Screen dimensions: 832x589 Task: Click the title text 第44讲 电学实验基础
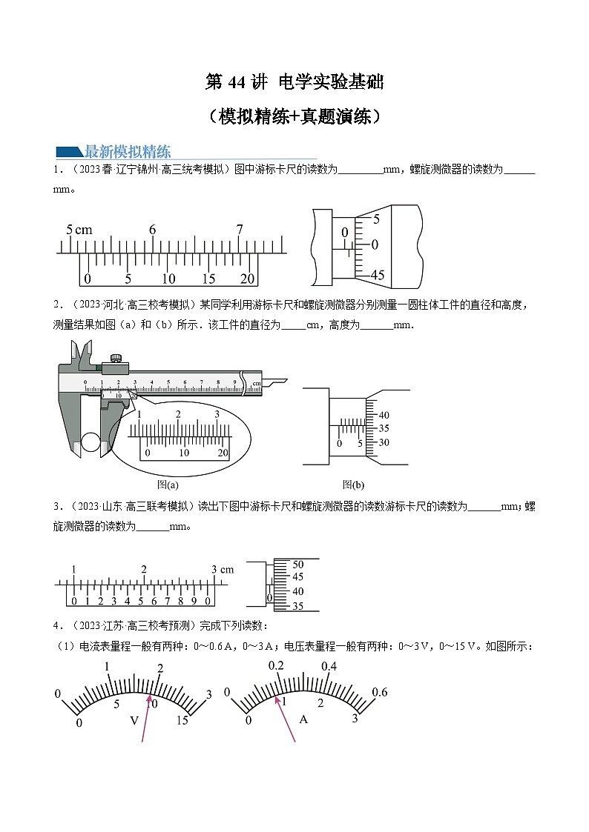pyautogui.click(x=294, y=82)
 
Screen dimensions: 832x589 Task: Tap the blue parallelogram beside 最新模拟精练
pyautogui.click(x=70, y=152)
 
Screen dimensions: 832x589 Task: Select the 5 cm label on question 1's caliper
pyautogui.click(x=79, y=230)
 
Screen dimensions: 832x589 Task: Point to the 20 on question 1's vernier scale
pyautogui.click(x=248, y=279)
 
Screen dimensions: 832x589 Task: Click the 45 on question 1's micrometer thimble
pyautogui.click(x=378, y=275)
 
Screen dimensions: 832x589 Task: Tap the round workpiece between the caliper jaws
pyautogui.click(x=91, y=442)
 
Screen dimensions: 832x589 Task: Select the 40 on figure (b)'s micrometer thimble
pyautogui.click(x=384, y=415)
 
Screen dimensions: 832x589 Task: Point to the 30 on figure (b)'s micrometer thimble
pyautogui.click(x=384, y=442)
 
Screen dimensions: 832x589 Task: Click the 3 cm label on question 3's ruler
pyautogui.click(x=222, y=569)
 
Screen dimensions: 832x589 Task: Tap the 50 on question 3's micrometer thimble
pyautogui.click(x=298, y=564)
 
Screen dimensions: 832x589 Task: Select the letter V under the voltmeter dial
pyautogui.click(x=134, y=720)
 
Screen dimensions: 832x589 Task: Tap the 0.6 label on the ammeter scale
pyautogui.click(x=380, y=692)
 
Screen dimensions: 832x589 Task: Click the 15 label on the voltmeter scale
pyautogui.click(x=182, y=721)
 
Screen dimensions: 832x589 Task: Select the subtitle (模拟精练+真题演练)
pyautogui.click(x=294, y=116)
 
